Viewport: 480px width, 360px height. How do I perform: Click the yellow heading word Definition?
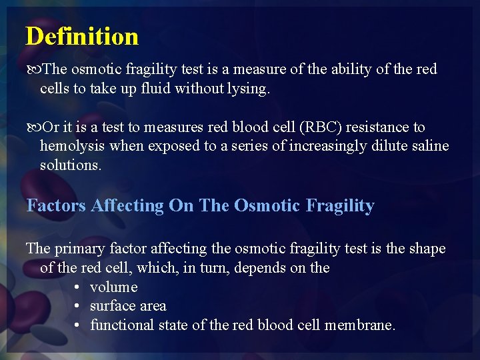click(x=82, y=36)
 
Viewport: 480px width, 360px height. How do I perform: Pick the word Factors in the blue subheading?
click(x=56, y=206)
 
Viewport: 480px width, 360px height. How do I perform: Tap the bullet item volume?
click(x=113, y=287)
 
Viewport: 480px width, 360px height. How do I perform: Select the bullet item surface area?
click(x=128, y=306)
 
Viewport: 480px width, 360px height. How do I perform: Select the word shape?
click(x=426, y=249)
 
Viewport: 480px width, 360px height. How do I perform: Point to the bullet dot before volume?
click(x=77, y=287)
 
